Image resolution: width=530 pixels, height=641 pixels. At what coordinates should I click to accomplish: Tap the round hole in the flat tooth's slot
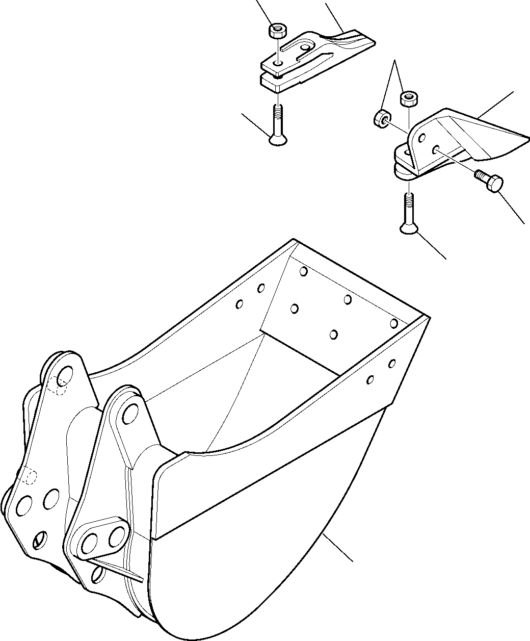tap(305, 47)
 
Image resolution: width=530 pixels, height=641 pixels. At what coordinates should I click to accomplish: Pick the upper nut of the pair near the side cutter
tap(408, 98)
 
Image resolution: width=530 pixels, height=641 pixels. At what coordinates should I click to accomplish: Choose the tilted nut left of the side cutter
tap(381, 118)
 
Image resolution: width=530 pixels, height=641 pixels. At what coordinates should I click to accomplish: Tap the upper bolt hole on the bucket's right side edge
tap(392, 363)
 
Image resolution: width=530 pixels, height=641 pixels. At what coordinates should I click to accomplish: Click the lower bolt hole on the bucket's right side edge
tap(371, 379)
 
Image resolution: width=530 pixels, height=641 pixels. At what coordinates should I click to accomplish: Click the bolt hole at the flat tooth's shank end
tap(278, 63)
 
